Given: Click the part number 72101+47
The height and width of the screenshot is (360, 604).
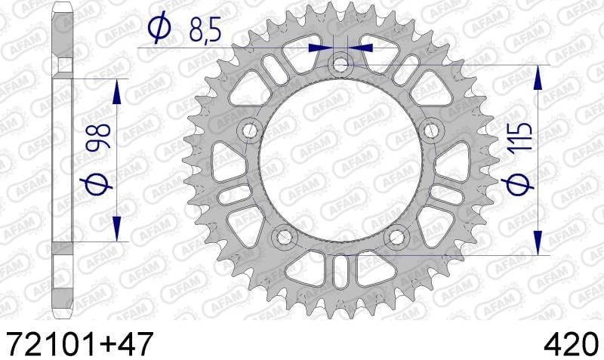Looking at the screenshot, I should coord(79,343).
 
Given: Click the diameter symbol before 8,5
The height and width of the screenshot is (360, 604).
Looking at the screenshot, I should coord(159,29).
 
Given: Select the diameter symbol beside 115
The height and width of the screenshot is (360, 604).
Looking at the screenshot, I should coord(520,183).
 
